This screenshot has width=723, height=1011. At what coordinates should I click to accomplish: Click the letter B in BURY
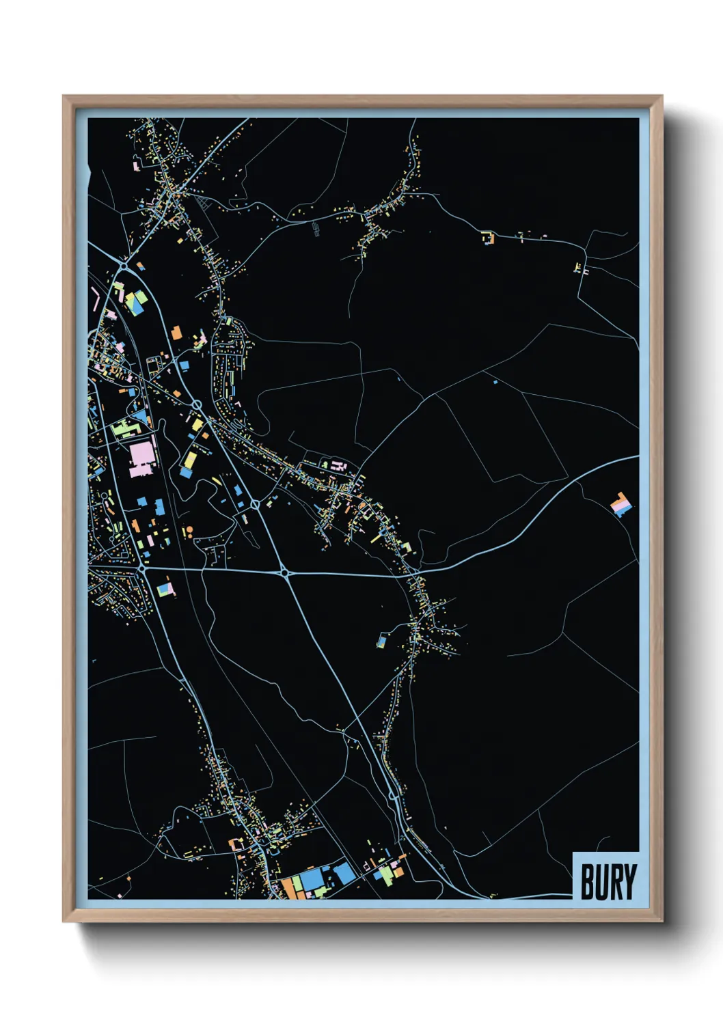pyautogui.click(x=587, y=882)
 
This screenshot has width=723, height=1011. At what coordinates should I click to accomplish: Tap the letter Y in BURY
pyautogui.click(x=629, y=882)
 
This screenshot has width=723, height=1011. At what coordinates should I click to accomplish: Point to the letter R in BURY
pyautogui.click(x=615, y=882)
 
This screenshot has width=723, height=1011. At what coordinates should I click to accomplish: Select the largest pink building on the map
pyautogui.click(x=143, y=458)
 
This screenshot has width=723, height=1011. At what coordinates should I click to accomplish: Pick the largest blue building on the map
pyautogui.click(x=313, y=879)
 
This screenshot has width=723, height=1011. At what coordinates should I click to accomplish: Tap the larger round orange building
pyautogui.click(x=189, y=529)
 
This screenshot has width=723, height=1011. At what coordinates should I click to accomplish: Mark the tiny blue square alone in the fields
pyautogui.click(x=495, y=383)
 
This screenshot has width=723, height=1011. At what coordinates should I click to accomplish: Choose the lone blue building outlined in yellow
pyautogui.click(x=381, y=641)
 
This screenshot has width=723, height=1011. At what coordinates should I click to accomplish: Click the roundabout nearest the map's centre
pyautogui.click(x=284, y=572)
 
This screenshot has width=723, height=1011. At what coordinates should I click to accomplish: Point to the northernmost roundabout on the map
pyautogui.click(x=123, y=264)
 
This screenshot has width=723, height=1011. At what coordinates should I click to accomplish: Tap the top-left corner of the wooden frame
pyautogui.click(x=64, y=97)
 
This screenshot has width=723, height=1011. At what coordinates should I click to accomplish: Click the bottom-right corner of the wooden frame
pyautogui.click(x=661, y=921)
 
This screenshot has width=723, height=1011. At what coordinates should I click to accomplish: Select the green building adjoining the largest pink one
pyautogui.click(x=125, y=429)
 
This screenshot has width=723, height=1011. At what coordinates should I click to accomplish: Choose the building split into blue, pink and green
pyautogui.click(x=164, y=588)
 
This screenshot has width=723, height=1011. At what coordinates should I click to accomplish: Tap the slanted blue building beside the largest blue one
pyautogui.click(x=344, y=872)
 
